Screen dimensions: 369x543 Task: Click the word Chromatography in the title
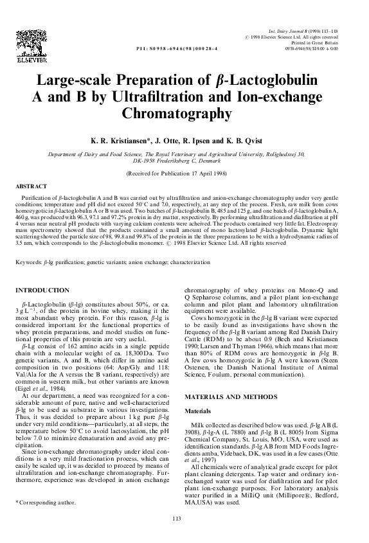click(x=184, y=114)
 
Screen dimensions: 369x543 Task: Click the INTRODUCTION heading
click(x=42, y=290)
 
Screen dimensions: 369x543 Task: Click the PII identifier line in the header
click(x=178, y=48)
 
